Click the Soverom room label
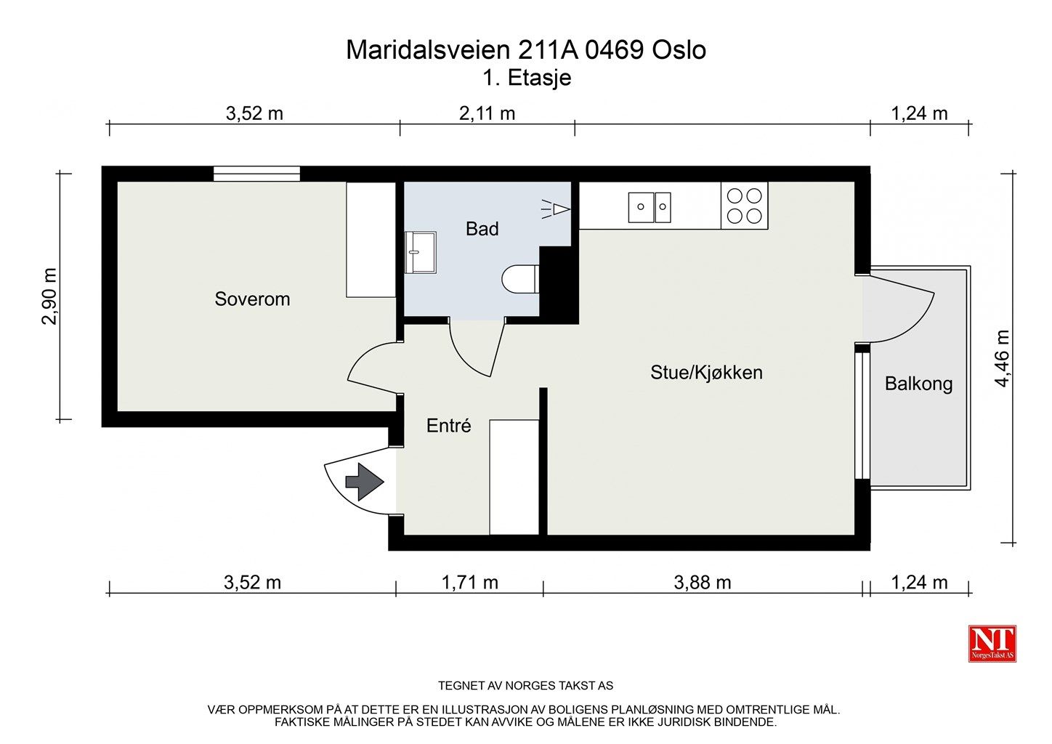pyautogui.click(x=252, y=299)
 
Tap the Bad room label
pyautogui.click(x=482, y=229)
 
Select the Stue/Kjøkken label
pyautogui.click(x=706, y=373)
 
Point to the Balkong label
pyautogui.click(x=918, y=384)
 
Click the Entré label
pyautogui.click(x=448, y=426)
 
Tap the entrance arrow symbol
pyautogui.click(x=365, y=482)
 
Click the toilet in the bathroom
pyautogui.click(x=520, y=279)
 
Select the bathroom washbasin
pyautogui.click(x=421, y=252)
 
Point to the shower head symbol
pyautogui.click(x=556, y=209)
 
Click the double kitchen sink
pyautogui.click(x=650, y=207)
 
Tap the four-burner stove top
pyautogui.click(x=745, y=206)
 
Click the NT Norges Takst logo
pyautogui.click(x=992, y=644)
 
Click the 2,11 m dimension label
pyautogui.click(x=487, y=113)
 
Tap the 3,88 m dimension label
pyautogui.click(x=703, y=583)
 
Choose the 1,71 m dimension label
pyautogui.click(x=469, y=583)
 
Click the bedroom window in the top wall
pyautogui.click(x=257, y=174)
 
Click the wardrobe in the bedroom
pyautogui.click(x=371, y=240)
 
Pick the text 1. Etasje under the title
pyautogui.click(x=527, y=78)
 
